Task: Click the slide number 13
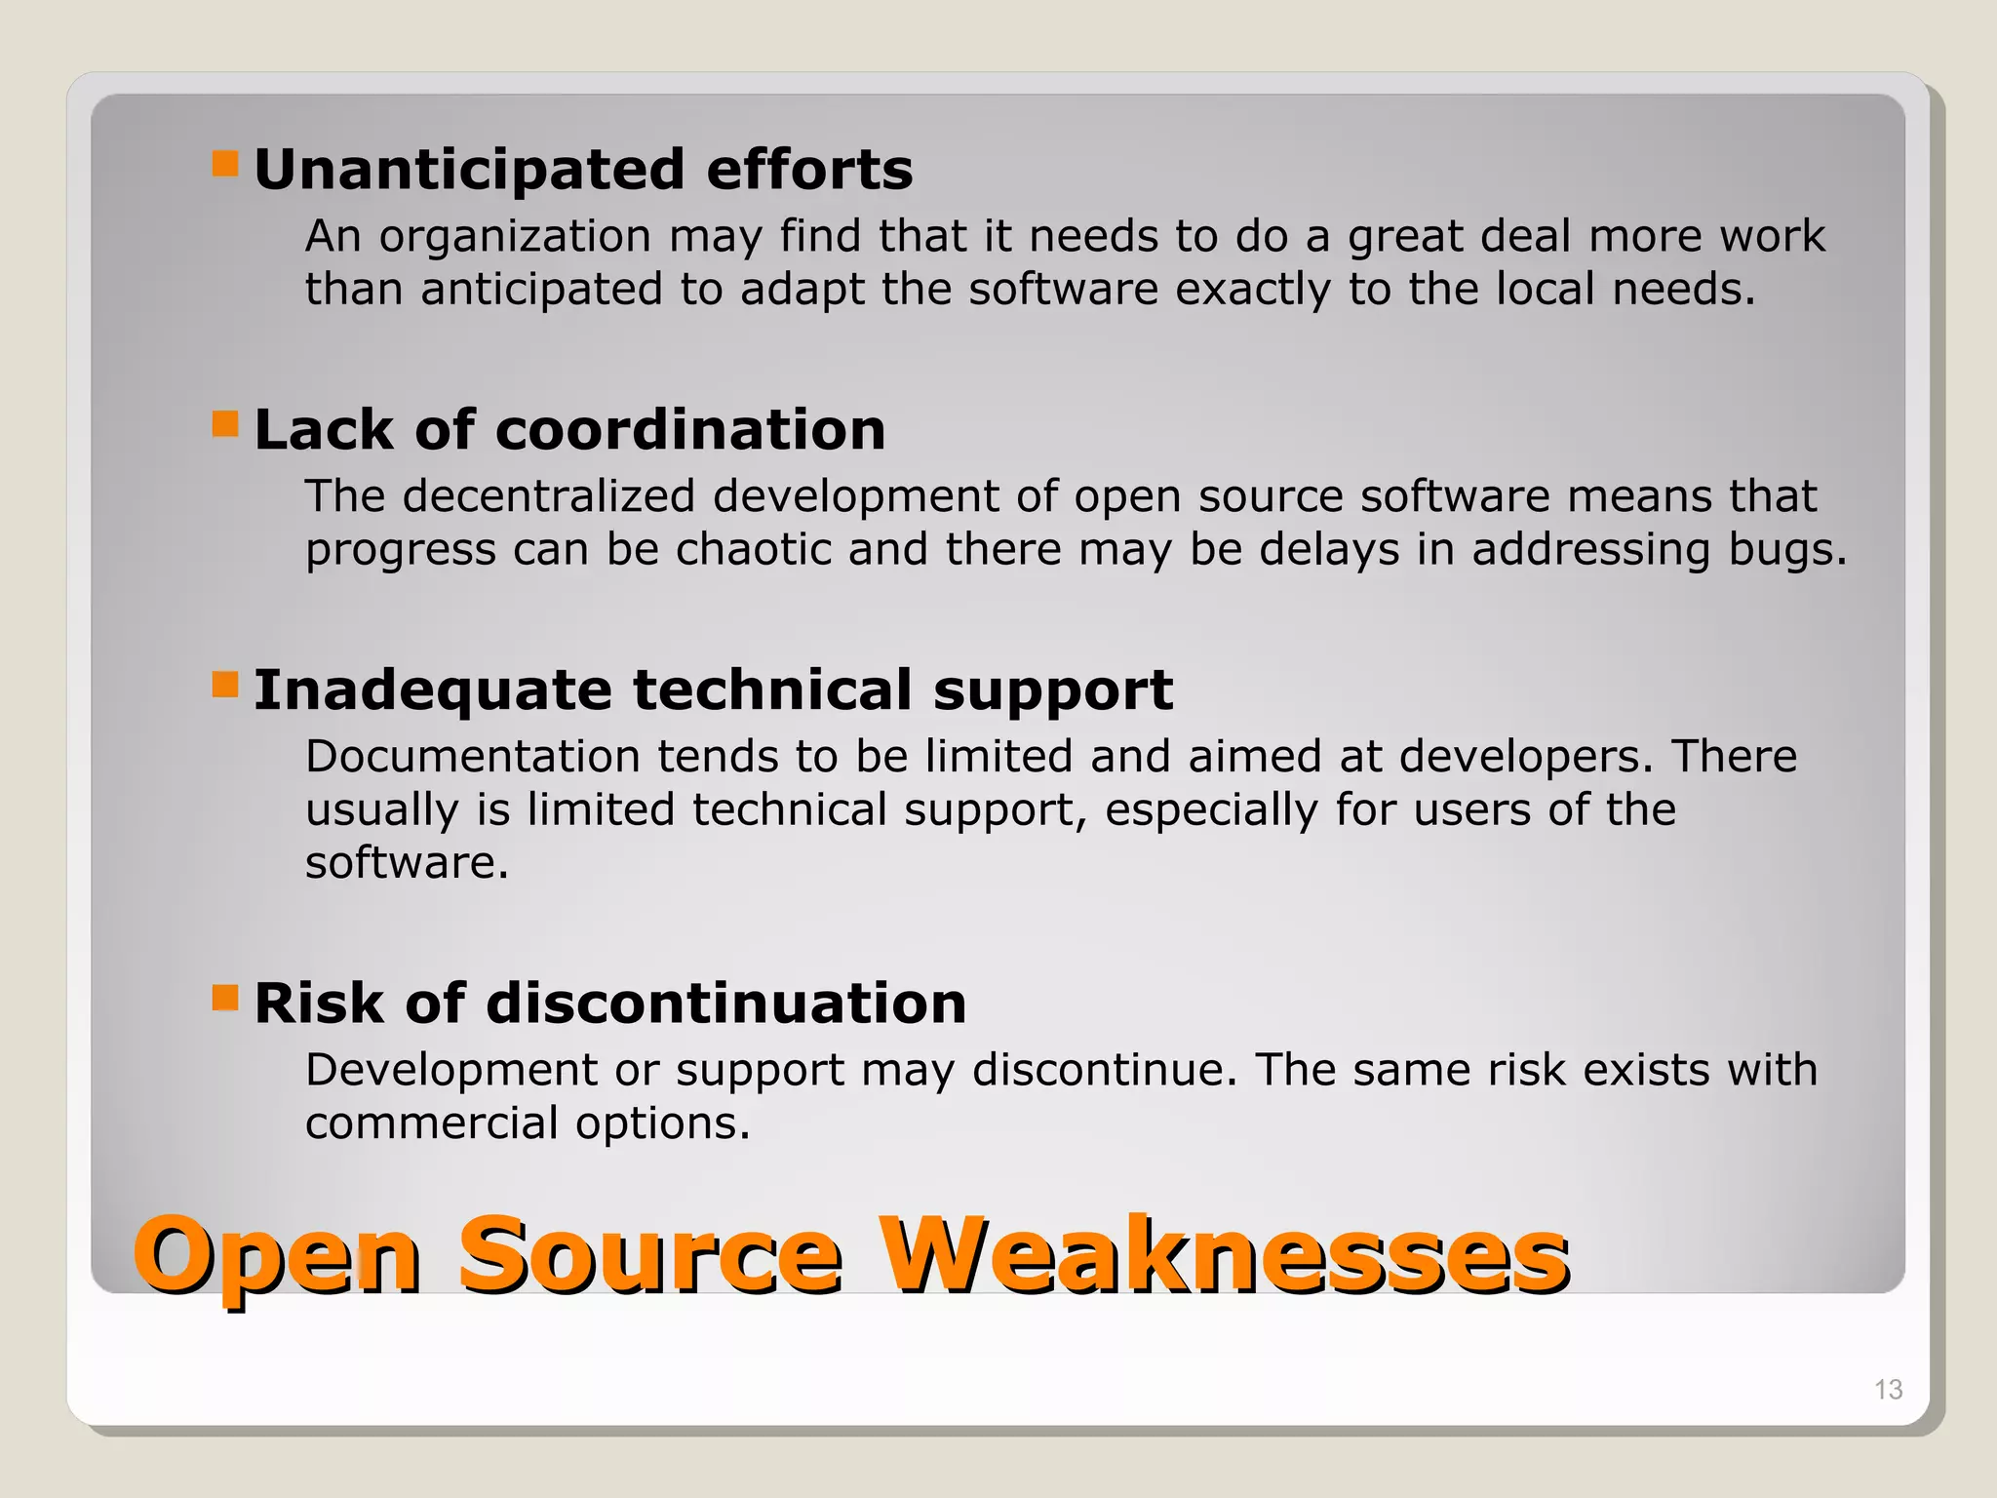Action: pyautogui.click(x=1888, y=1389)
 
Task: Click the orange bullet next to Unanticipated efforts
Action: pyautogui.click(x=225, y=163)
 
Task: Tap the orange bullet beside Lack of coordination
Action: pyautogui.click(x=225, y=424)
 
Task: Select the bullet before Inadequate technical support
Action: pyautogui.click(x=225, y=685)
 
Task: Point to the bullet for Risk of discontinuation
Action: pyautogui.click(x=225, y=998)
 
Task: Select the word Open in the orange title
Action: pyautogui.click(x=277, y=1258)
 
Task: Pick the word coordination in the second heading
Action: pyautogui.click(x=690, y=430)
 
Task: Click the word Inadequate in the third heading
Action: pyautogui.click(x=433, y=690)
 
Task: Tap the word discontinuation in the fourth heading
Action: pyautogui.click(x=726, y=1004)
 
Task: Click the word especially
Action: pyautogui.click(x=1211, y=811)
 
